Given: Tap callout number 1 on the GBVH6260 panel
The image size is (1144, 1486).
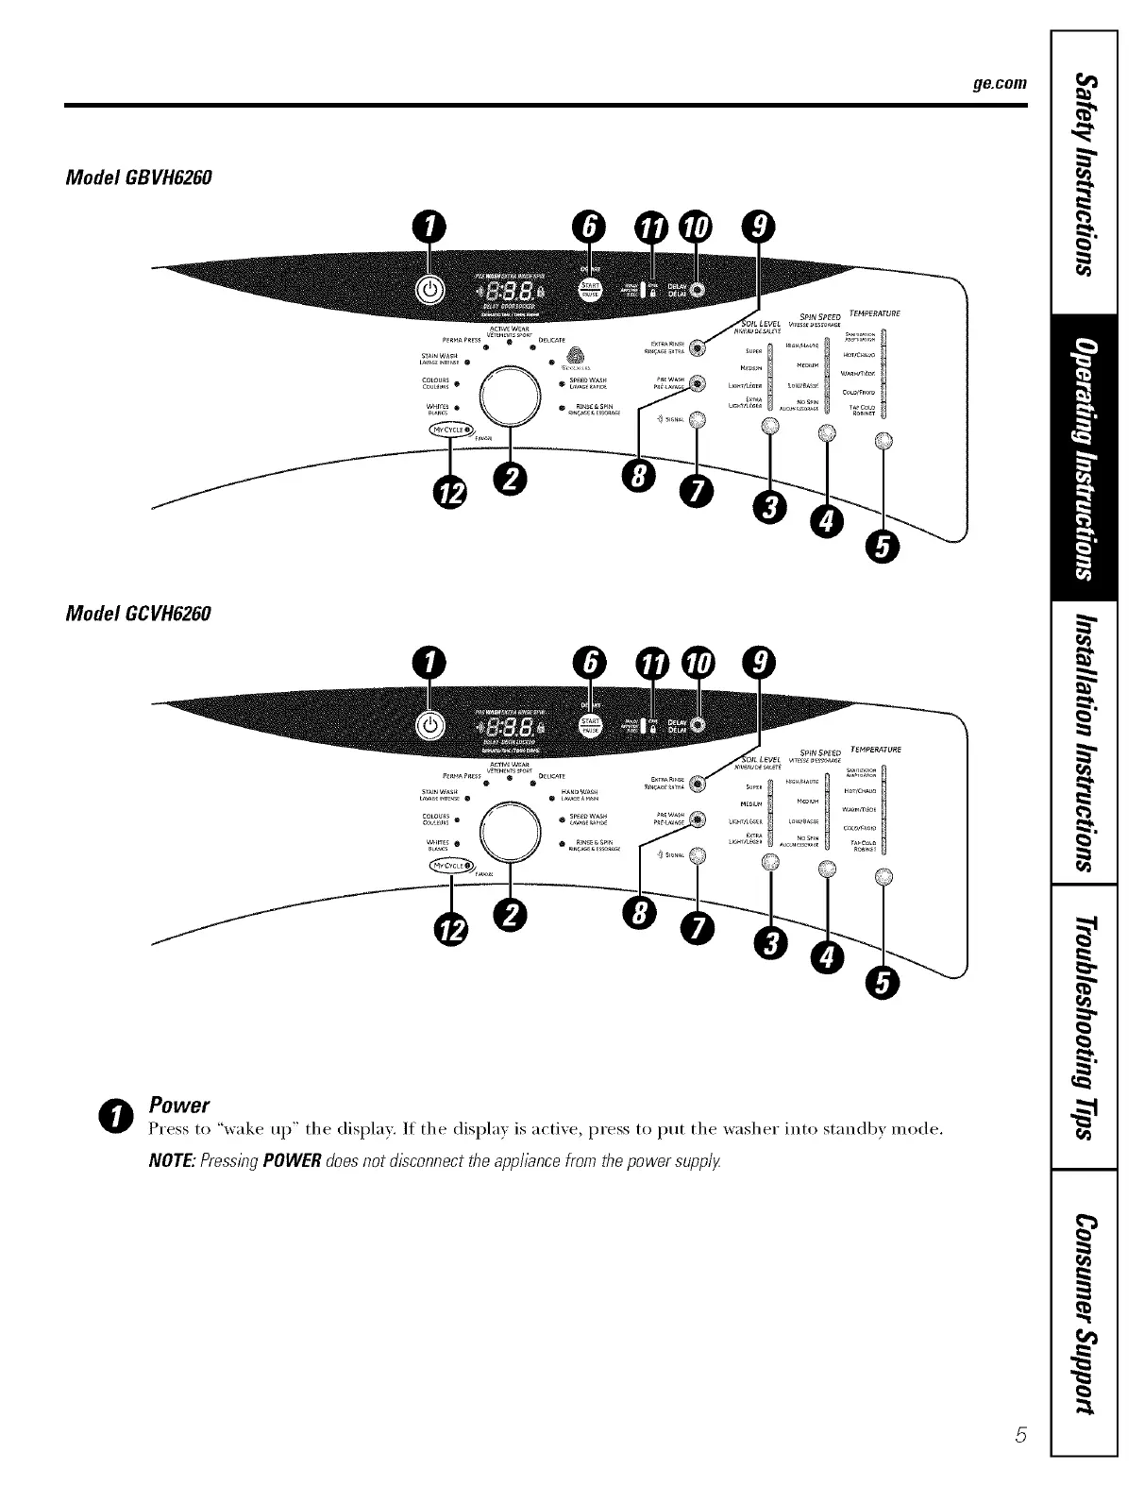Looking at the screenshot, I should click(x=429, y=228).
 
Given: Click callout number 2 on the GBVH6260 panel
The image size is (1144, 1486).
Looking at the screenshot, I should click(x=511, y=479).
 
